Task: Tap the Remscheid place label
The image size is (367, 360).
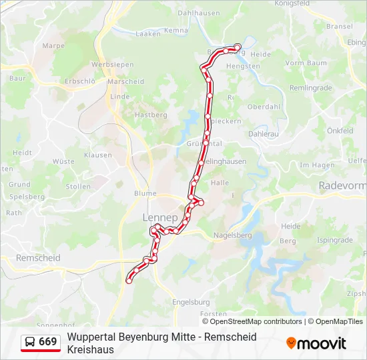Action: coord(38,258)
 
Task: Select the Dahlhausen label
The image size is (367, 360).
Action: coord(198,13)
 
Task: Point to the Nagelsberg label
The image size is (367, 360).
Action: coord(232,235)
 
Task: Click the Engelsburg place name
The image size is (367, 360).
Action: coord(191,301)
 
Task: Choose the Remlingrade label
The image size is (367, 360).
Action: coord(310,88)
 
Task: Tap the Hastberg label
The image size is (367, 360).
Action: coord(151,115)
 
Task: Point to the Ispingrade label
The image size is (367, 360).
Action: coord(334,240)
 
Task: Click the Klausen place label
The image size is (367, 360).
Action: coord(98,155)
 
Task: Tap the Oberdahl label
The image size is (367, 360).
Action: coord(264,107)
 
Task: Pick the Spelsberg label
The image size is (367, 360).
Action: coord(27,197)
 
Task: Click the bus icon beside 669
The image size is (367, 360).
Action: coord(30,342)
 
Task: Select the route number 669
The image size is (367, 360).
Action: coord(48,342)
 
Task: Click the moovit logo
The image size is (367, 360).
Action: coord(316,343)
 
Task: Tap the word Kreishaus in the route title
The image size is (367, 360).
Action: coord(90,349)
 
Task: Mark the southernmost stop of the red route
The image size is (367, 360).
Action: coord(129,281)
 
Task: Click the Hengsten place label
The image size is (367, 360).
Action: coord(243,67)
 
